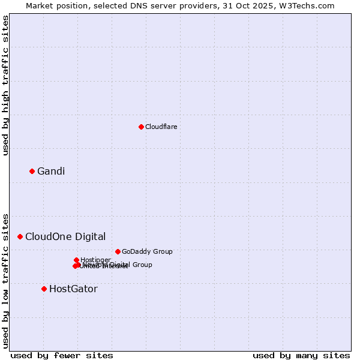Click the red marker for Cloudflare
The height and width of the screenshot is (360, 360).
(141, 127)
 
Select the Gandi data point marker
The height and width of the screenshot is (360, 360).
(32, 171)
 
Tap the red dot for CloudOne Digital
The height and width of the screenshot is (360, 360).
(20, 236)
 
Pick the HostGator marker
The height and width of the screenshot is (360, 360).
(44, 289)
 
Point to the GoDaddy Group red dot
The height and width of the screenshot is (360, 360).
(118, 251)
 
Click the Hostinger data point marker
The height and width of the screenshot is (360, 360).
(76, 260)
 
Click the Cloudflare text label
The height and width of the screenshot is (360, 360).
(161, 127)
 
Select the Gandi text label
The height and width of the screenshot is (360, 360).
(51, 172)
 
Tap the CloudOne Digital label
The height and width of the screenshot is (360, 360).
(65, 236)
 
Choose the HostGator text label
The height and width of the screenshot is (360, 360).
(73, 289)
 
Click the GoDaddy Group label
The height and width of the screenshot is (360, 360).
(147, 251)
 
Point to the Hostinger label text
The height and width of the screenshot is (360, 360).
(95, 260)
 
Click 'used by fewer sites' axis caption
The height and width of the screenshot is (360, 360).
(62, 355)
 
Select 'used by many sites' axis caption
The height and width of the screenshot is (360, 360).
(301, 355)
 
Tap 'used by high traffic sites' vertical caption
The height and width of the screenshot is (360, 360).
(5, 86)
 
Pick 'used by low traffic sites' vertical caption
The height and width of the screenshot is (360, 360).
(5, 280)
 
